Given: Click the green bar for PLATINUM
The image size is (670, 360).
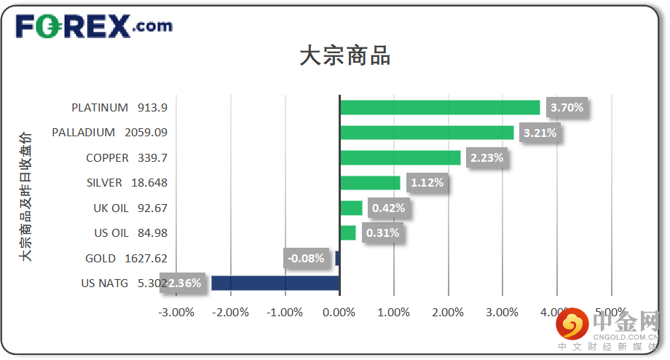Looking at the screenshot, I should coord(440,107).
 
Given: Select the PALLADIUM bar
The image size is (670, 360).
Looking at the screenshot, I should coord(427,133).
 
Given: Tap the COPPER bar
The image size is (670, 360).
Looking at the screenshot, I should coord(400,157).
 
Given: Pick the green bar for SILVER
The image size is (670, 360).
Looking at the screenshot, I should coord(370,182).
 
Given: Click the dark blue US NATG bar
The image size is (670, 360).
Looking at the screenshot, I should coord(275,283).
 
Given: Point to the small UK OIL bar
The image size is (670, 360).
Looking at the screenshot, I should coord(351,208).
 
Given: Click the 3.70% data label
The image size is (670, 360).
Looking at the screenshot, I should coord(567,108).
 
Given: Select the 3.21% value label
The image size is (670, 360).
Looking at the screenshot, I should coord(540,133).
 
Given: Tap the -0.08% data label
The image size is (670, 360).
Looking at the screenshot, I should coord(306,258).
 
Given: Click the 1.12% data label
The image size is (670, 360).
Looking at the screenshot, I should coord(427,183).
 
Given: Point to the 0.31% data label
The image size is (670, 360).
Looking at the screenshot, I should coord(382,233).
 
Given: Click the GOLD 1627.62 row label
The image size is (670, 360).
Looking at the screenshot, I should coord(126,258).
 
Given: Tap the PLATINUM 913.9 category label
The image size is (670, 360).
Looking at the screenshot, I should coord(119,107).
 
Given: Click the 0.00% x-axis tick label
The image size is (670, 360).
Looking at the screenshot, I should coord(339,312).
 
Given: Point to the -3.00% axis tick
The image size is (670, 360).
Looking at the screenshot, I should coord(176,312).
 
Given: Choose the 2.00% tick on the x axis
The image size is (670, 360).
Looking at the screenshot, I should coord(448,312).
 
